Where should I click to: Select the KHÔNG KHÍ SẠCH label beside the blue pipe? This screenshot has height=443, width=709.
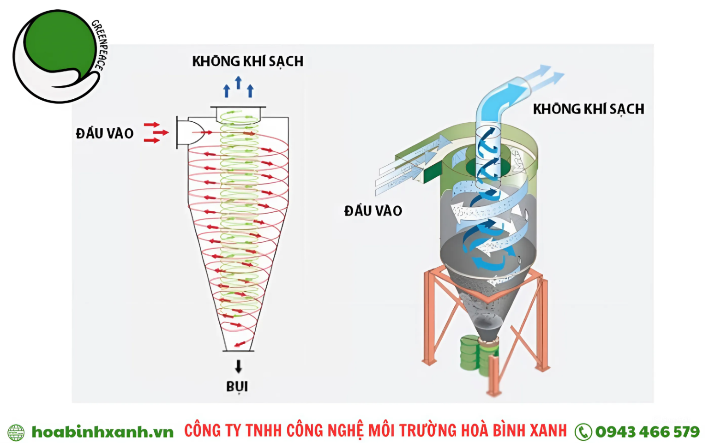coord(589,109)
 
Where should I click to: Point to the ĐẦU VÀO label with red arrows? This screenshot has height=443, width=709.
coord(104,133)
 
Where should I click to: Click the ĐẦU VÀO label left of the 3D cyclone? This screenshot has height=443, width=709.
coord(373,211)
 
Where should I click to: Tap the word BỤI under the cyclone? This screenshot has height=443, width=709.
coord(237,387)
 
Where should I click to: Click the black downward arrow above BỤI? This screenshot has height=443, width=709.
coord(238,366)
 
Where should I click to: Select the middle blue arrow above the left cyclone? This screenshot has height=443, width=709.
coord(238,82)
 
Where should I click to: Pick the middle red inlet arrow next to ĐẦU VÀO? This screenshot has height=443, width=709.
coord(161,132)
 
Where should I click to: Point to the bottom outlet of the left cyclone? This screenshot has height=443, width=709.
coord(238,351)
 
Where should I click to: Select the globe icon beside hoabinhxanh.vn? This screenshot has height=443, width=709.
coord(16,432)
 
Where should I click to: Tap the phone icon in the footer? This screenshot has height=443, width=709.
coord(583,432)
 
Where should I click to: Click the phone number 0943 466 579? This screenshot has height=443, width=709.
coord(647,432)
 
